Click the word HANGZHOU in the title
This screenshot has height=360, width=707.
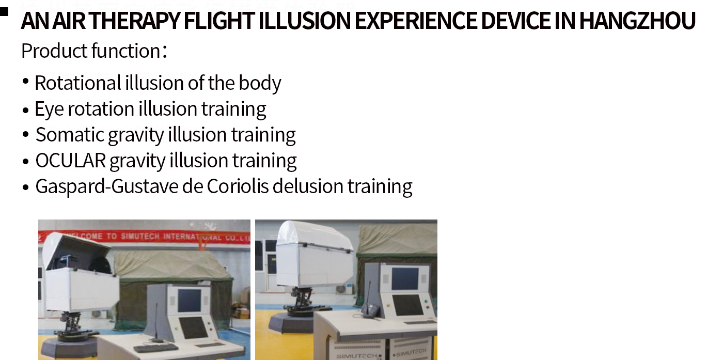[x=637, y=21]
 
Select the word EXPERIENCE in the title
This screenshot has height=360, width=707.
[x=416, y=21]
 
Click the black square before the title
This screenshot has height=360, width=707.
[x=4, y=12]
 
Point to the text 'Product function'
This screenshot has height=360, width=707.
[x=91, y=51]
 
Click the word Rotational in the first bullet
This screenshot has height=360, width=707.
[x=78, y=83]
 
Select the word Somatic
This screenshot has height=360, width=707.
[x=70, y=135]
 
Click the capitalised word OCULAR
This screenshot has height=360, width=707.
[x=70, y=161]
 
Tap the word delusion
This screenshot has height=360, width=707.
[x=308, y=186]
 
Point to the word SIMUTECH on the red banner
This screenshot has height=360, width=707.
[x=140, y=236]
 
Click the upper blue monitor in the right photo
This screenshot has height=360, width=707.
[x=405, y=278]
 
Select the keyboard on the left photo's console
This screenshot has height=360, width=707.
[x=155, y=348]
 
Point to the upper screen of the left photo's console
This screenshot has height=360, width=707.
[x=190, y=300]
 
